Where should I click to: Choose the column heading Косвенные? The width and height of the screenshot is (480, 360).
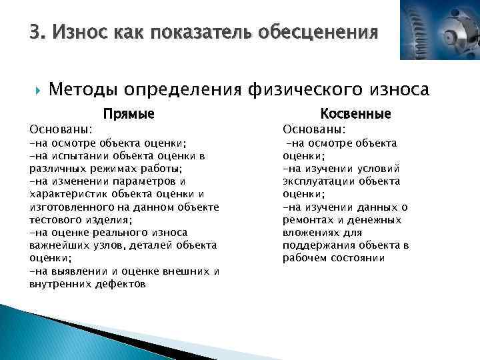(x=356, y=114)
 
